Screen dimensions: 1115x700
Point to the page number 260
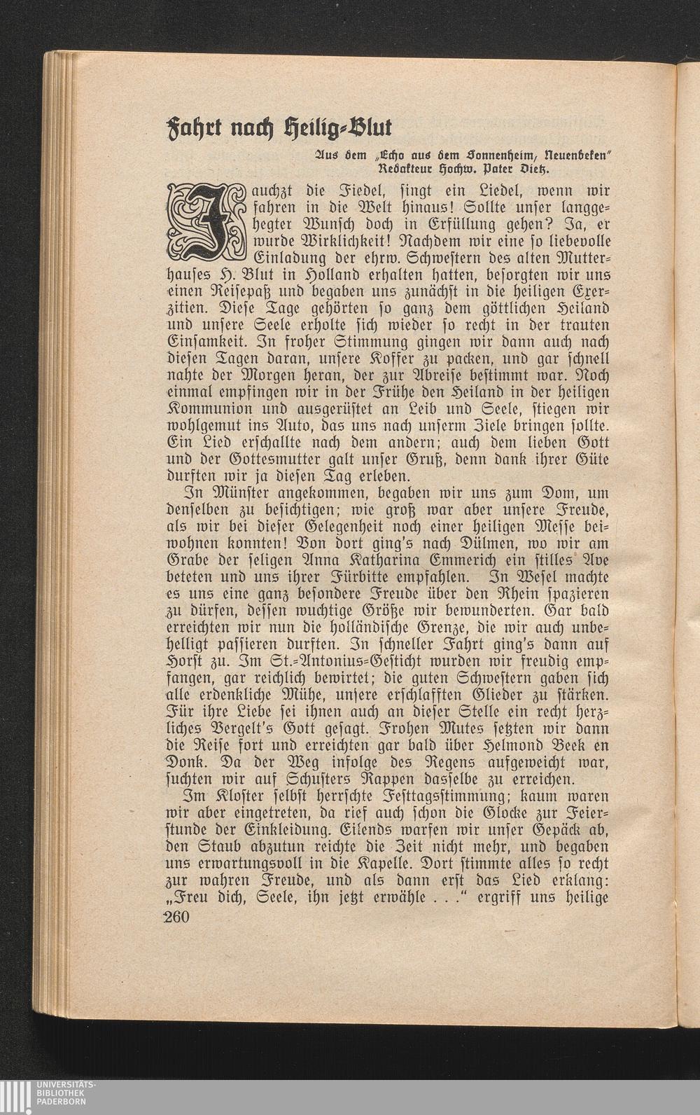click(182, 919)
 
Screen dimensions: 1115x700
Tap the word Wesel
click(533, 579)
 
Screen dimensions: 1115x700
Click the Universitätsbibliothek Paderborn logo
click(49, 1097)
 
